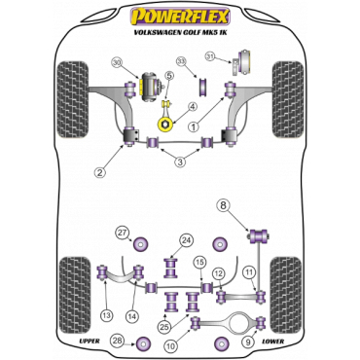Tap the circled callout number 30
pyautogui.click(x=118, y=63)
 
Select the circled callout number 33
pyautogui.click(x=181, y=64)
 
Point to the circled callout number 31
pyautogui.click(x=210, y=57)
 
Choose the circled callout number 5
pyautogui.click(x=169, y=76)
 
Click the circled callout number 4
pyautogui.click(x=192, y=107)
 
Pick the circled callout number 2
pyautogui.click(x=98, y=173)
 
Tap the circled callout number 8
pyautogui.click(x=224, y=204)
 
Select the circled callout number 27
pyautogui.click(x=122, y=232)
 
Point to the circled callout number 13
pyautogui.click(x=104, y=315)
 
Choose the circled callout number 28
pyautogui.click(x=118, y=340)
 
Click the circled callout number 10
pyautogui.click(x=170, y=345)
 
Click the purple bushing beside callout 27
pyautogui.click(x=147, y=243)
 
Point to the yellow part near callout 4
pyautogui.click(x=167, y=125)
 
